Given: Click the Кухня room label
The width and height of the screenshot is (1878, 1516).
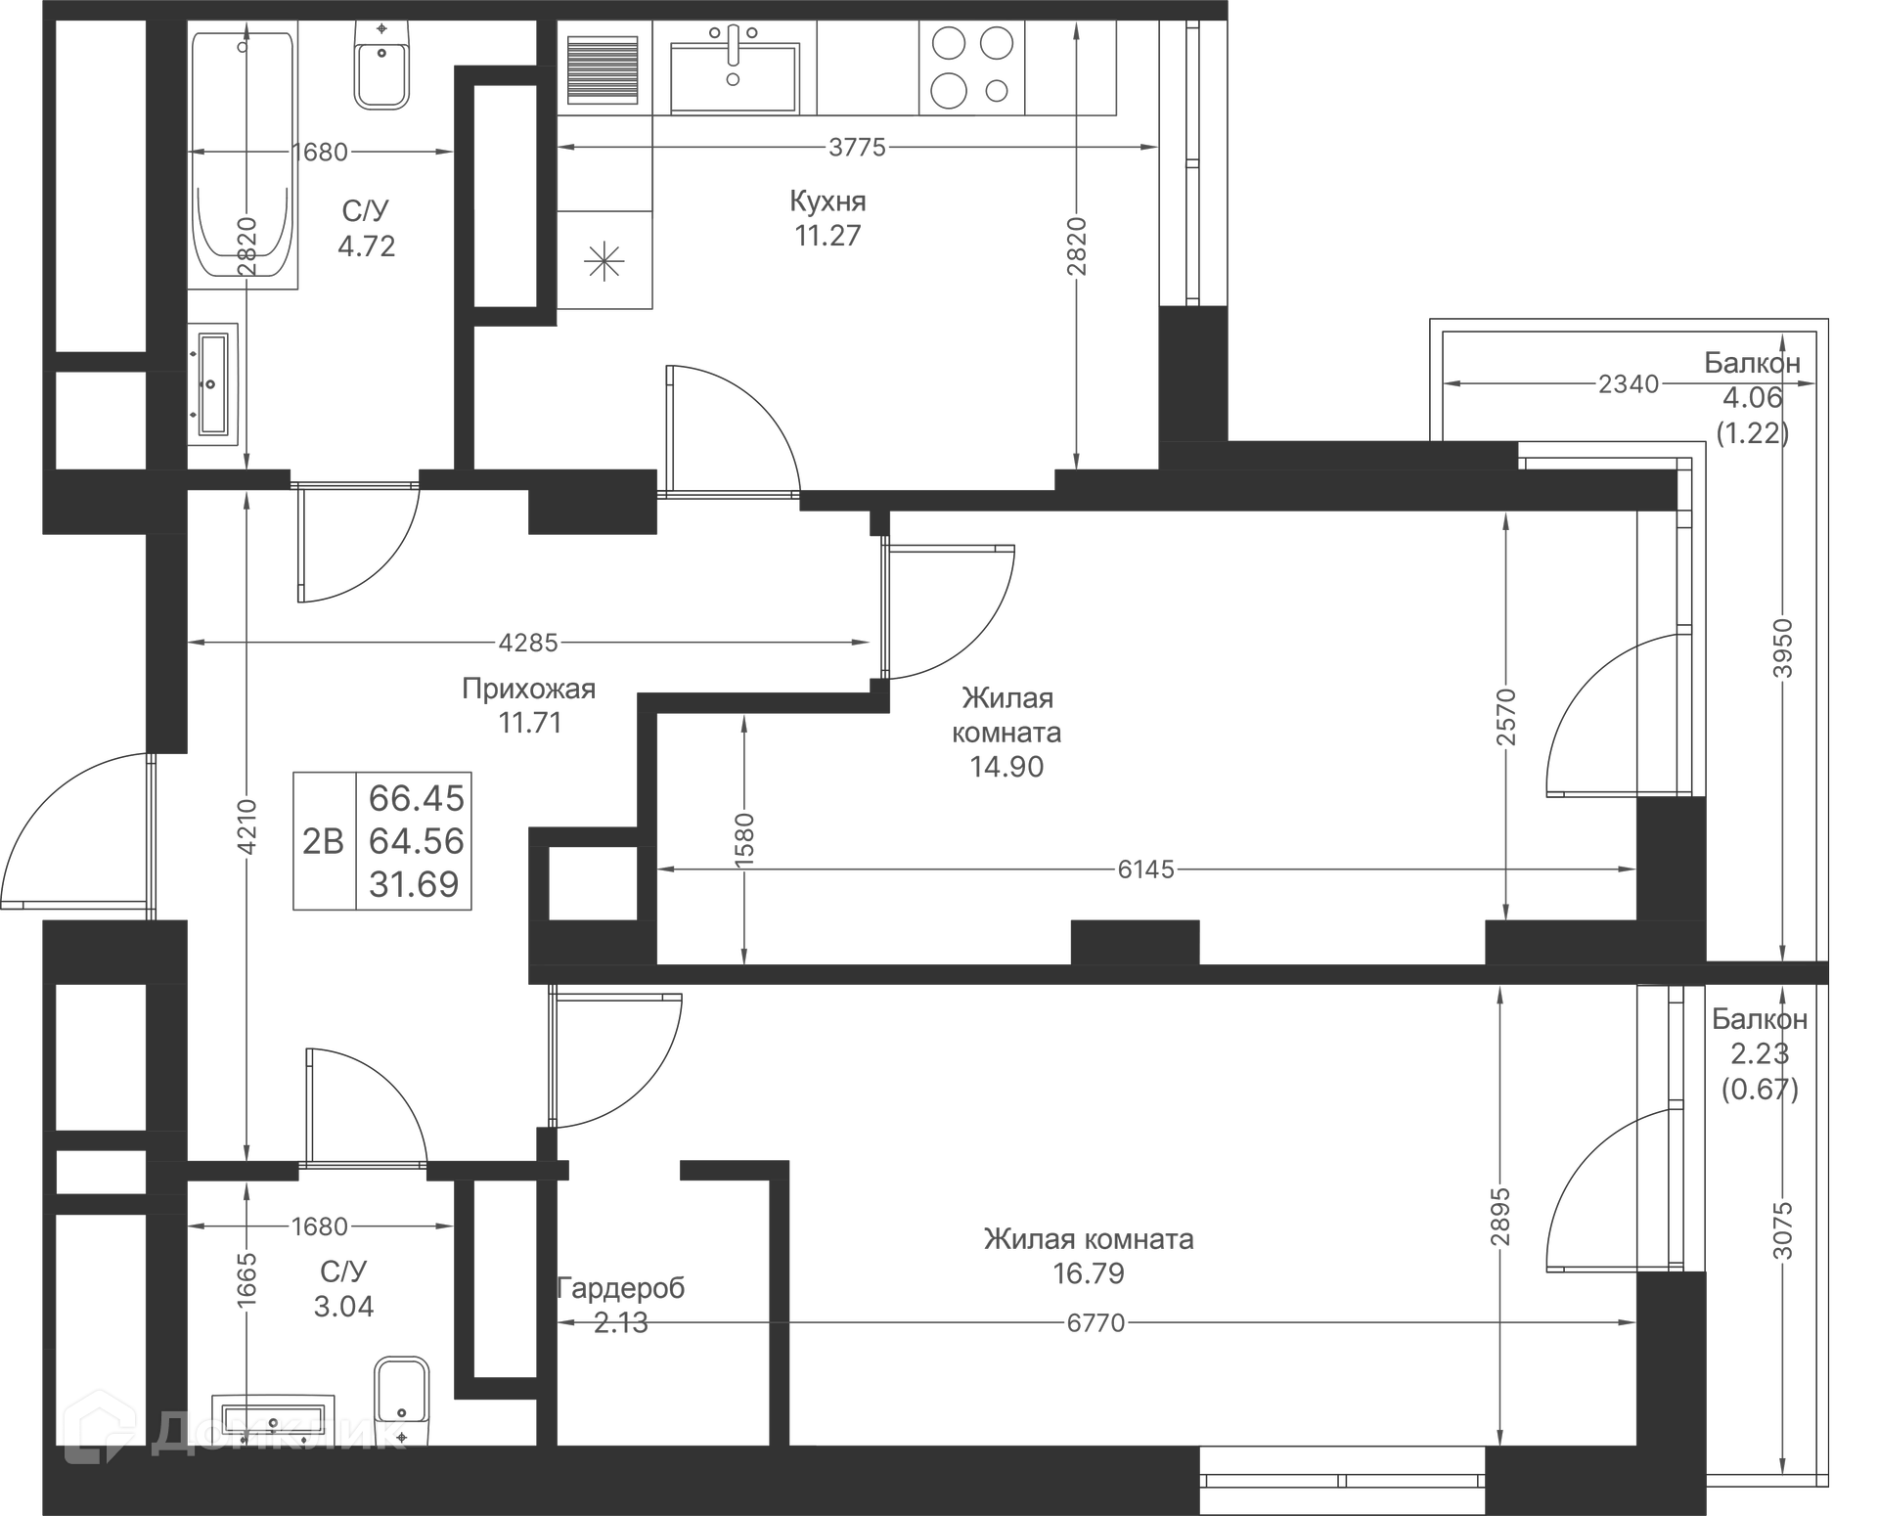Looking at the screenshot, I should (827, 201).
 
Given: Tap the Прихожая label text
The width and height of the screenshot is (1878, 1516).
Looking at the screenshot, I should (528, 689).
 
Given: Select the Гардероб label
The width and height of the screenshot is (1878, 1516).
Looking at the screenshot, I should (620, 1288).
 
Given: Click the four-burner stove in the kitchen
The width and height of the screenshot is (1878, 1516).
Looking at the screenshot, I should (971, 67).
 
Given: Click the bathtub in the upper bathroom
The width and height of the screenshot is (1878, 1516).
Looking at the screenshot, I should (243, 156).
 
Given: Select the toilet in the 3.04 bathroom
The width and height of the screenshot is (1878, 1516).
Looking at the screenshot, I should (401, 1389).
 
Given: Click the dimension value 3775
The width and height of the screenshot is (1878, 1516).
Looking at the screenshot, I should (857, 147).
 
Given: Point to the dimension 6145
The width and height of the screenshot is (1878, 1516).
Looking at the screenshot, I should (1145, 869).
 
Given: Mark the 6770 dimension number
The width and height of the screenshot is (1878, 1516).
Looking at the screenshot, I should (1095, 1322).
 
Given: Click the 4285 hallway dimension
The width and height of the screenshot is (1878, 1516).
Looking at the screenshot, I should (528, 643).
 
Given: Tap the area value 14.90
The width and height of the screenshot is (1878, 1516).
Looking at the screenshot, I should (1006, 767).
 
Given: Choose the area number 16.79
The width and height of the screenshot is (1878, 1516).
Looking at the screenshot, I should (1088, 1273).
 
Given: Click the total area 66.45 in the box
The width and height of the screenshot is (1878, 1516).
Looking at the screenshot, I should (416, 798).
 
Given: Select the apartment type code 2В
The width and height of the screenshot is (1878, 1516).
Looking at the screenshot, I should (323, 841).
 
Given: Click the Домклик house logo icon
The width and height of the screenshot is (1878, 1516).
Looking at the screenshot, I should (99, 1428).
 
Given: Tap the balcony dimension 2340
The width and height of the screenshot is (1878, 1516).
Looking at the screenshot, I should (1629, 383).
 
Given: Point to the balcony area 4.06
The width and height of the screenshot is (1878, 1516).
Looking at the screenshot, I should (1752, 397).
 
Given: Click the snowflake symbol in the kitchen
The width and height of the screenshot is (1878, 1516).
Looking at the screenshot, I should (604, 261).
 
